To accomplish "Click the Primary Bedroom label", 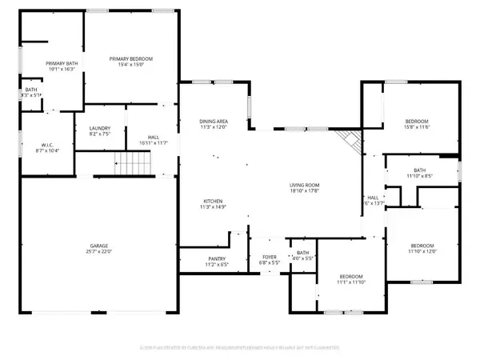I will tap(131, 59).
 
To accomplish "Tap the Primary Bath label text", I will tap(43, 63).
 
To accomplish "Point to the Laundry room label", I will tap(100, 129).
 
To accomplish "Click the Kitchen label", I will tap(212, 201).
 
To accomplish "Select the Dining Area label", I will tap(214, 121).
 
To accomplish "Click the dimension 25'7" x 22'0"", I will tap(99, 252).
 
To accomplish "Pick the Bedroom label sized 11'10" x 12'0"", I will tap(422, 246).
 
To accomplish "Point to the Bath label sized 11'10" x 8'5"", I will tap(420, 170).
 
